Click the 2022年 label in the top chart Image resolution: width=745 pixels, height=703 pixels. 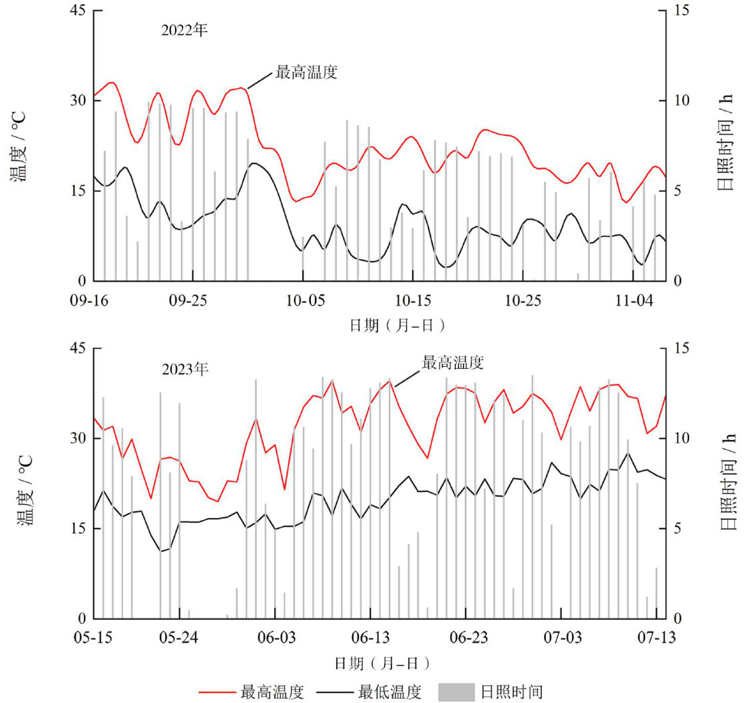(185, 30)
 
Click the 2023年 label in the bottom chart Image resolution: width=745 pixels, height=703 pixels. (185, 368)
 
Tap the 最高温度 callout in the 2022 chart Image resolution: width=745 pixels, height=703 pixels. (306, 72)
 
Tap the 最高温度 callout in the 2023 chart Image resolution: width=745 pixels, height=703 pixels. (453, 363)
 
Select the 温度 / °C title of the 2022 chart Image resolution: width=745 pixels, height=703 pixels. (20, 145)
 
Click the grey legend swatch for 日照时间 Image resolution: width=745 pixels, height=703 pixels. (457, 692)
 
